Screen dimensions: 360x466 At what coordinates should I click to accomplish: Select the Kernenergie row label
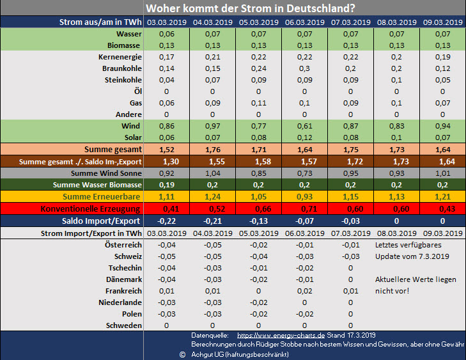120,57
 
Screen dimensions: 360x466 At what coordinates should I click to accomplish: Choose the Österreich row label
123,245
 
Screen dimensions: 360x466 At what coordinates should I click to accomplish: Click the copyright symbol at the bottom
182,354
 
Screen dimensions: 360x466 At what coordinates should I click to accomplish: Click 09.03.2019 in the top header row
443,22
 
